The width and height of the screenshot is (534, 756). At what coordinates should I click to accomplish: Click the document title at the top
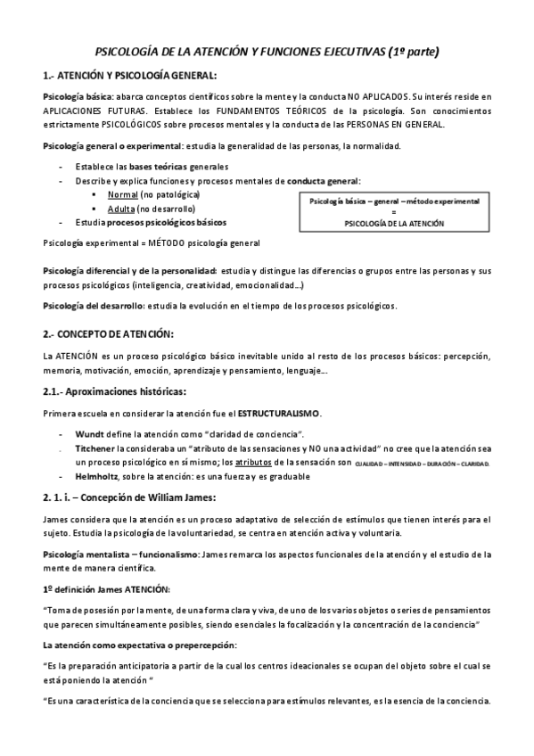click(x=267, y=53)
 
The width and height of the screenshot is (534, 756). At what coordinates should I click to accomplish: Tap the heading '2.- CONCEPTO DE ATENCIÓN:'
click(x=107, y=333)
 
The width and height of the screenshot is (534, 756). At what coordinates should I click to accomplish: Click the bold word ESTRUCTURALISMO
click(x=279, y=414)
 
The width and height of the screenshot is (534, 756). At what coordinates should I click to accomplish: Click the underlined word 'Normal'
click(x=123, y=194)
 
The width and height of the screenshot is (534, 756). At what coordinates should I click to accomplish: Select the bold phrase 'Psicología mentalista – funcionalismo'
click(x=121, y=555)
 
